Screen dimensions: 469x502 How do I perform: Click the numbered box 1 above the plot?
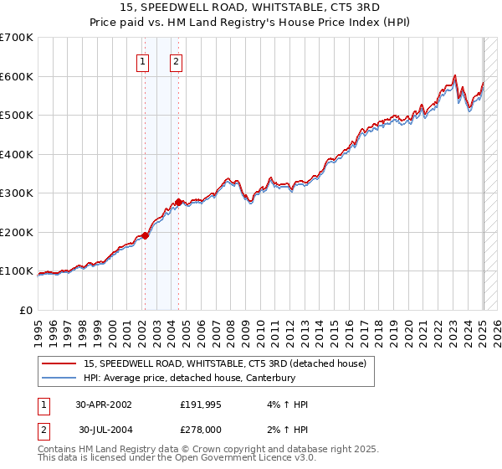click(x=143, y=60)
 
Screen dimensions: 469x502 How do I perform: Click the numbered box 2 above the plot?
click(x=177, y=60)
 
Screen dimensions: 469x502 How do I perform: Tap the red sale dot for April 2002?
click(x=145, y=235)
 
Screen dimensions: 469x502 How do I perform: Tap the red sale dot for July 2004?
click(x=178, y=202)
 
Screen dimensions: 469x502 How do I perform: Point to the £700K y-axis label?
click(x=17, y=38)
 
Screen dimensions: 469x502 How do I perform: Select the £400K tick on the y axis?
click(x=17, y=154)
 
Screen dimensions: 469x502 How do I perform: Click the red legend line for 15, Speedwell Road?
click(x=59, y=363)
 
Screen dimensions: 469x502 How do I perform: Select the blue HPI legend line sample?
click(x=59, y=377)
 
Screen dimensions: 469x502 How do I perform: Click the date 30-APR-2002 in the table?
click(x=104, y=405)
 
